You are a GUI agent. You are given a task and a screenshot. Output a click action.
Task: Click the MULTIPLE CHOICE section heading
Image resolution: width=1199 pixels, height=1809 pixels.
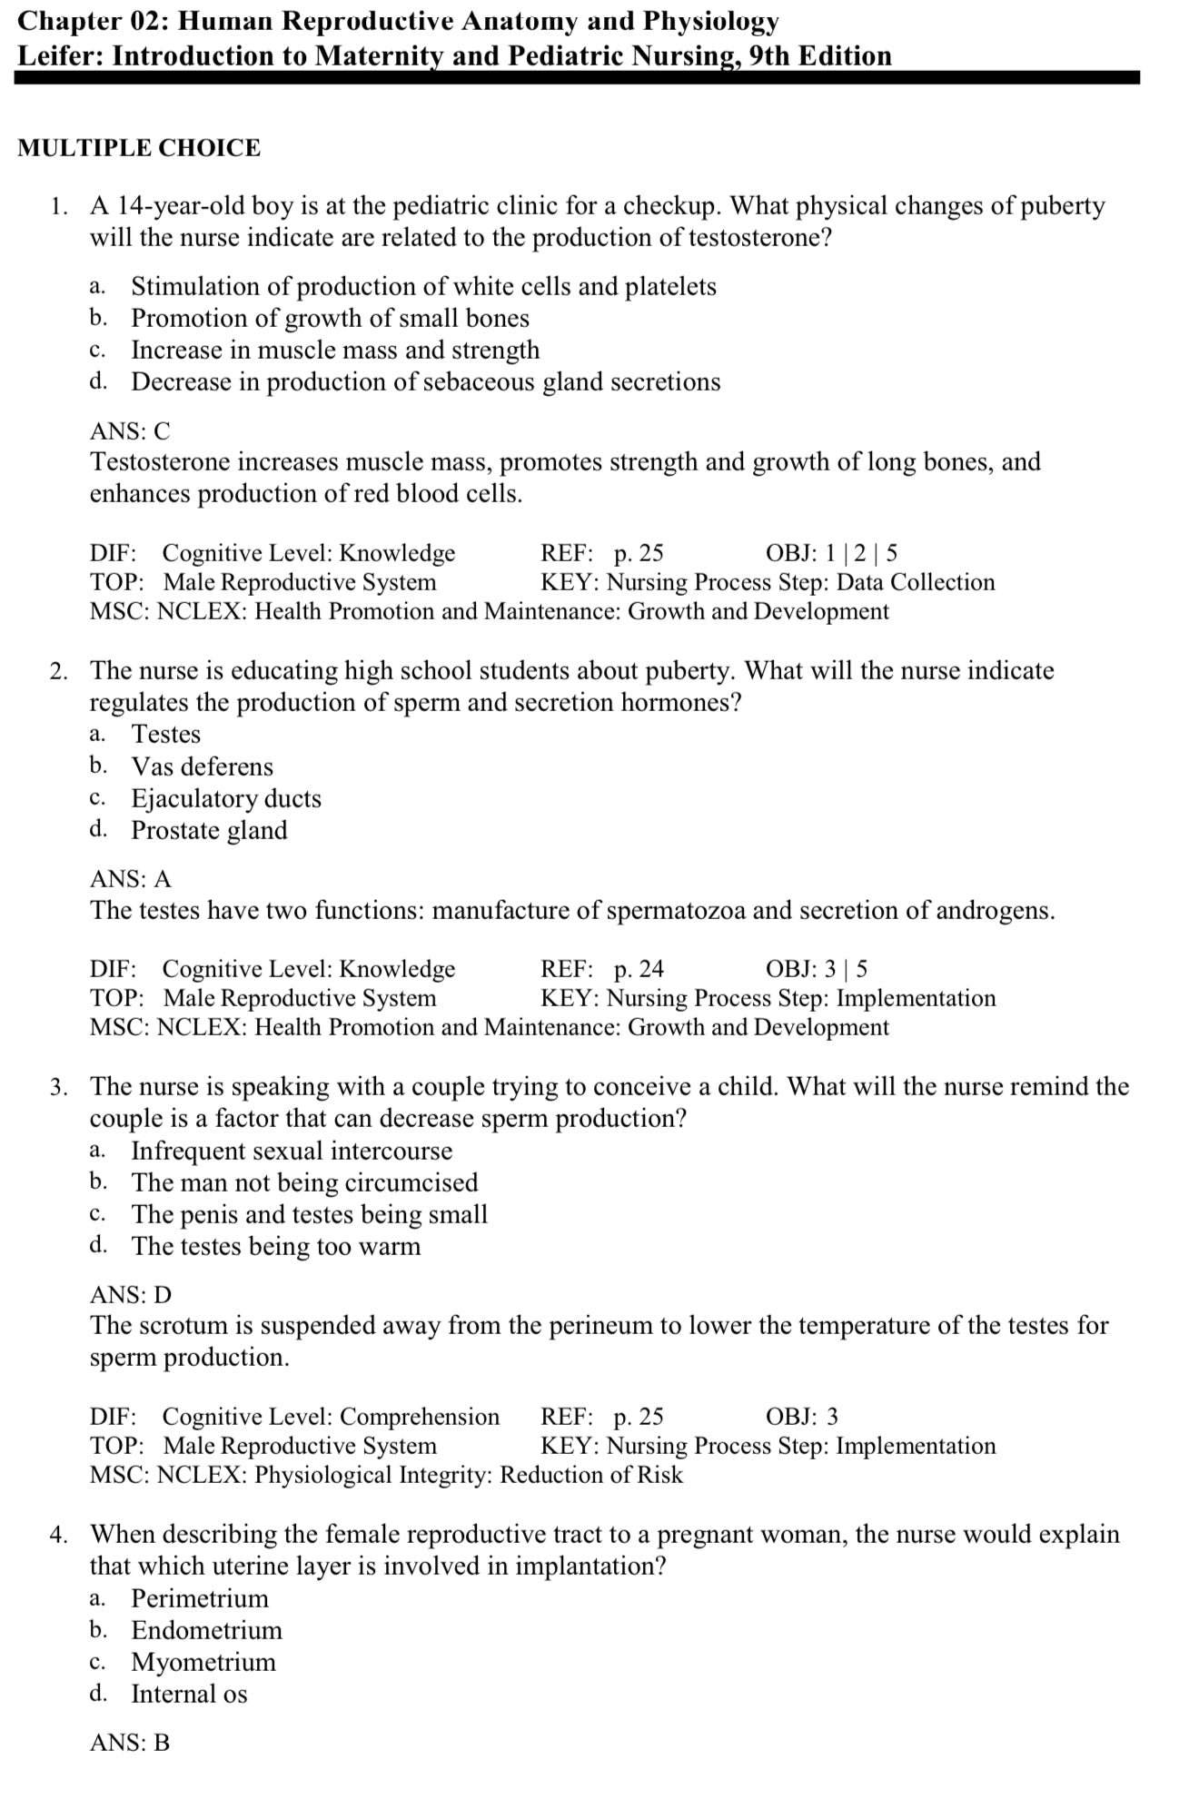click(139, 148)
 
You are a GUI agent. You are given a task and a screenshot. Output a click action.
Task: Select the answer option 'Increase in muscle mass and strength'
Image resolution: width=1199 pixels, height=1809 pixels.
click(335, 350)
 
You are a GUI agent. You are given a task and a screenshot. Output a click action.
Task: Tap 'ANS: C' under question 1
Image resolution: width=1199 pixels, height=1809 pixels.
click(130, 431)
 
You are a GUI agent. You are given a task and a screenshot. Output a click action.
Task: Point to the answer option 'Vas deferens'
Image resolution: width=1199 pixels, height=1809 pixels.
click(202, 766)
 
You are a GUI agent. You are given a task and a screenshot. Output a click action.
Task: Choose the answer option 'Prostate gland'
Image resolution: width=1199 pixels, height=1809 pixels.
click(209, 830)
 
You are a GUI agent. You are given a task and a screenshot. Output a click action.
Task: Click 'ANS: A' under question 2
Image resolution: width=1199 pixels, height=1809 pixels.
click(130, 879)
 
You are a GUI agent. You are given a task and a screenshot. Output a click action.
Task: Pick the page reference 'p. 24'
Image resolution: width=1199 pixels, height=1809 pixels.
click(639, 969)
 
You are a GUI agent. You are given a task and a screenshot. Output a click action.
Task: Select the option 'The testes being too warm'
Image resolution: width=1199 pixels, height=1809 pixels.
click(276, 1246)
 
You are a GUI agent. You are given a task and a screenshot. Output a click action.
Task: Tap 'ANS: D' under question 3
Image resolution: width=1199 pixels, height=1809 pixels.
click(130, 1295)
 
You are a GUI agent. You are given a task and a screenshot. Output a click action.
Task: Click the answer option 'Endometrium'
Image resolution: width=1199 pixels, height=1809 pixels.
click(206, 1630)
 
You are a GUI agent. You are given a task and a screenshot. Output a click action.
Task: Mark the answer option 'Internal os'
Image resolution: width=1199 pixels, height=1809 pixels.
click(189, 1694)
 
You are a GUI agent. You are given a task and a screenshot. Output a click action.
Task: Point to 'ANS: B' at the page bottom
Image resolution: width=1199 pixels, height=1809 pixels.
click(130, 1743)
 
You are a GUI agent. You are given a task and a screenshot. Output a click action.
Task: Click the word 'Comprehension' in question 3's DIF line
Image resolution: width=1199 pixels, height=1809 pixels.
click(420, 1417)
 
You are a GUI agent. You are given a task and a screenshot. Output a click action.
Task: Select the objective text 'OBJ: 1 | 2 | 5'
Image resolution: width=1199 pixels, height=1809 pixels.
click(831, 553)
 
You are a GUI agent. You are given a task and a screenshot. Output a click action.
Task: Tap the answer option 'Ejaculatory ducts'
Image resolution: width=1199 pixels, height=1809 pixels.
click(226, 798)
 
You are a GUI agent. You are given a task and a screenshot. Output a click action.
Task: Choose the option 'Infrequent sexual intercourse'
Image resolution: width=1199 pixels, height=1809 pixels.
click(292, 1151)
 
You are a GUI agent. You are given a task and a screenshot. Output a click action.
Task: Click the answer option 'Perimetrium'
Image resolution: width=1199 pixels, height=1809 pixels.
click(200, 1598)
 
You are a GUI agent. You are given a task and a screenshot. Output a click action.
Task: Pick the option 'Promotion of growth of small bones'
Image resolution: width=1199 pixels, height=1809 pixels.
click(330, 318)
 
